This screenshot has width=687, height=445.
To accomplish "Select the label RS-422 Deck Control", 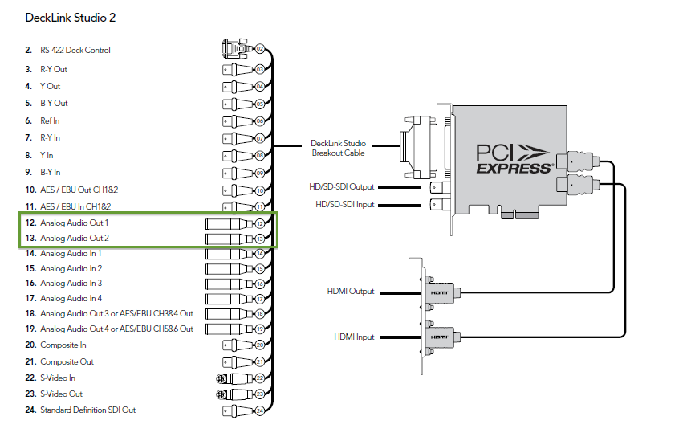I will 75,50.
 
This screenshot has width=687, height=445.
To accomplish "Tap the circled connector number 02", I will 259,50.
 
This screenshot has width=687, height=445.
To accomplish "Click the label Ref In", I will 50,120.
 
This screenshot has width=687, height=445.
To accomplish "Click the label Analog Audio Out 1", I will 74,222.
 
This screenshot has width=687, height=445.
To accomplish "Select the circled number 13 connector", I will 259,239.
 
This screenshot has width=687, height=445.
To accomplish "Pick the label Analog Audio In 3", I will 71,283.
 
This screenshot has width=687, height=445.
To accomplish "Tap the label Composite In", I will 63,345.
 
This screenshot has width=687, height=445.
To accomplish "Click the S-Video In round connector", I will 219,378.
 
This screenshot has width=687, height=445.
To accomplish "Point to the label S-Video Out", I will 61,394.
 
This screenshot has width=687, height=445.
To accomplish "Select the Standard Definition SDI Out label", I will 87,410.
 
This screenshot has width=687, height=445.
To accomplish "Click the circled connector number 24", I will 259,411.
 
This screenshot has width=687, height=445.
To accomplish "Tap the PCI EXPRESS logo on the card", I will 514,157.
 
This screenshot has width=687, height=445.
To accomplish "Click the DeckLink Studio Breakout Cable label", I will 338,148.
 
